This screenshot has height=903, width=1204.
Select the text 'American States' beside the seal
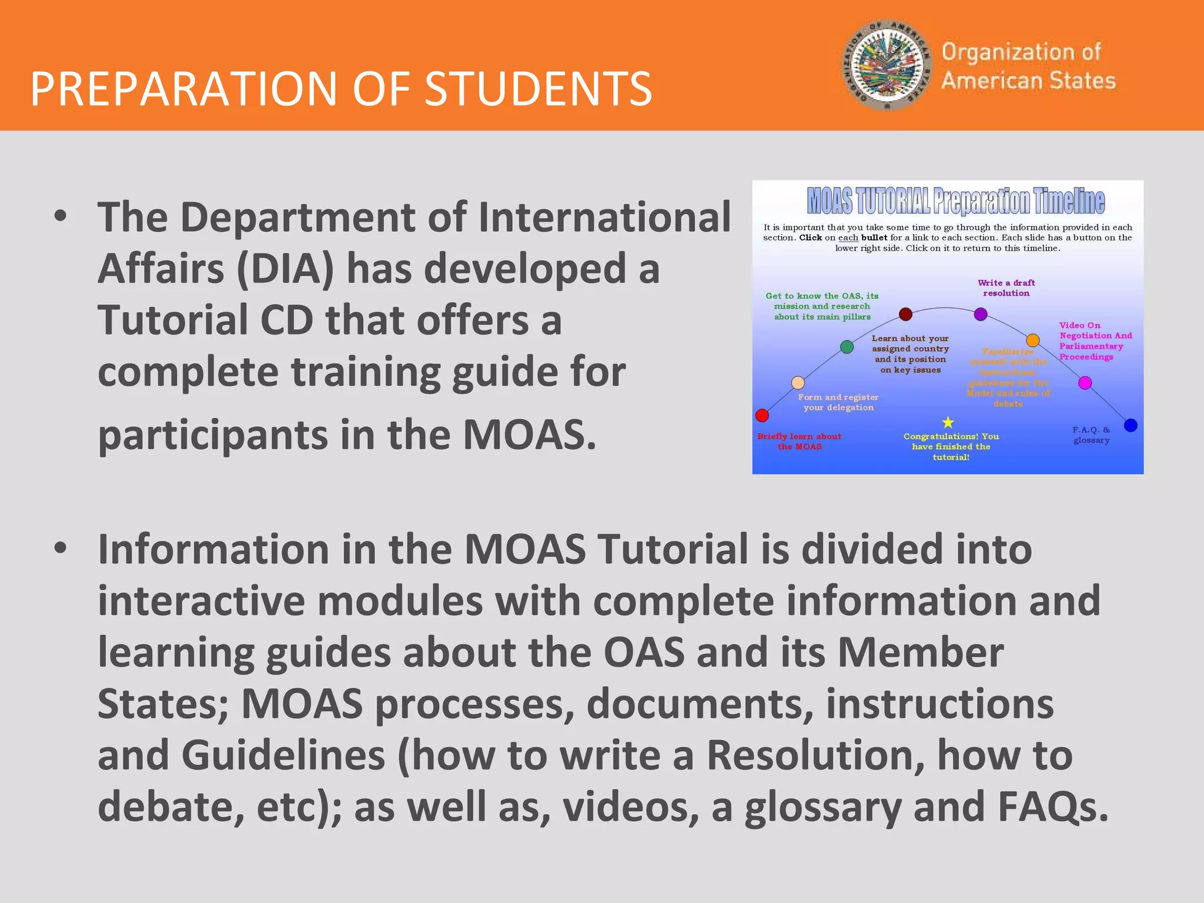(x=1028, y=81)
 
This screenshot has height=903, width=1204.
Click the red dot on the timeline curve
(x=762, y=416)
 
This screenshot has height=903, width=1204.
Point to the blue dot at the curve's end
(x=1131, y=425)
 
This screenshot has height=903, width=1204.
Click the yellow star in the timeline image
(x=948, y=422)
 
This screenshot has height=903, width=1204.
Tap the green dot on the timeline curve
(x=847, y=347)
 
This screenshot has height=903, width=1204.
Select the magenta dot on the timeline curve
(x=1085, y=383)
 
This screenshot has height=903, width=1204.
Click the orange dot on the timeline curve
(x=1032, y=340)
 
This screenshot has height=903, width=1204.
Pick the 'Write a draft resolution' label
(x=1006, y=288)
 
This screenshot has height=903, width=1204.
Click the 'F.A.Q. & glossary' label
(x=1091, y=435)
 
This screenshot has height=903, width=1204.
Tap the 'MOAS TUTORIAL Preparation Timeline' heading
(x=955, y=202)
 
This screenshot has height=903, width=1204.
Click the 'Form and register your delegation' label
(x=838, y=402)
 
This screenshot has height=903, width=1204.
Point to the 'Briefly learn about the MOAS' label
(x=799, y=442)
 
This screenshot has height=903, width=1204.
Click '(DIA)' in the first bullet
(x=285, y=269)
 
